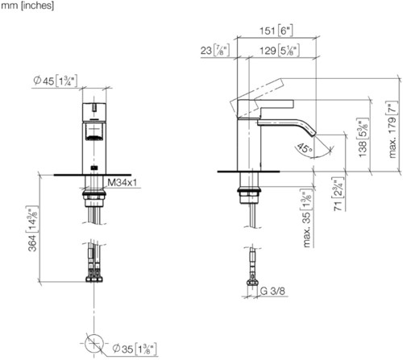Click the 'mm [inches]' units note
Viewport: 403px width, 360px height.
click(27, 6)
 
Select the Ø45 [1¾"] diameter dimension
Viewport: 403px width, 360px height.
click(55, 81)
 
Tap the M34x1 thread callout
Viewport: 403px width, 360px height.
click(123, 183)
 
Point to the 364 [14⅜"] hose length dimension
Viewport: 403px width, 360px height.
click(33, 229)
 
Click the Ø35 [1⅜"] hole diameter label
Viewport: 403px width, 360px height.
click(135, 349)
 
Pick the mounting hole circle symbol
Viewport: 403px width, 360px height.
click(94, 344)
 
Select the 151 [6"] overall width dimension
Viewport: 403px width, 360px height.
click(276, 31)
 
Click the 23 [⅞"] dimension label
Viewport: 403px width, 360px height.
click(215, 51)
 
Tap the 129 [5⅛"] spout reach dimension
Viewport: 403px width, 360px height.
click(280, 51)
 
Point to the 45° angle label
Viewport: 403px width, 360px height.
click(305, 148)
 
